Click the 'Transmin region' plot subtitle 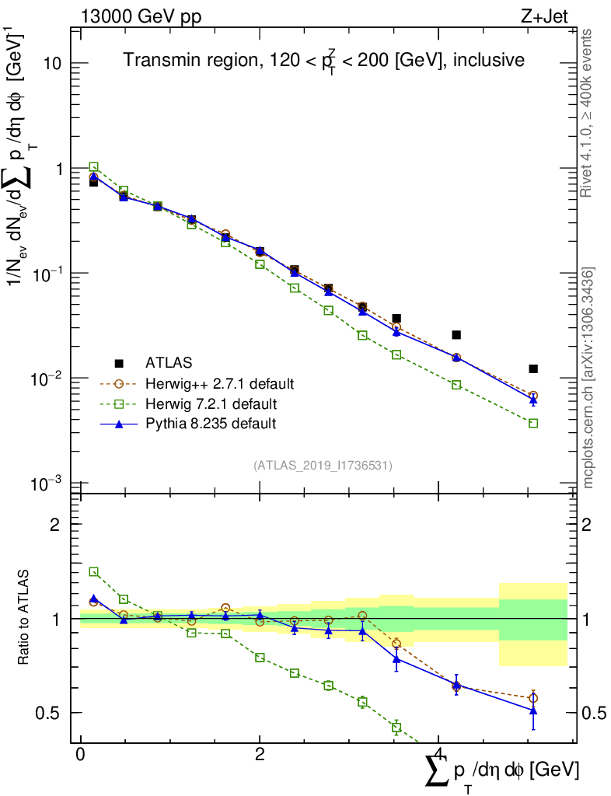(x=324, y=61)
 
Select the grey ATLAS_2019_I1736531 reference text (x=323, y=466)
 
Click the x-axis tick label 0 (x=81, y=754)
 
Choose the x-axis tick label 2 (x=260, y=754)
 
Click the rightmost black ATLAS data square (x=533, y=368)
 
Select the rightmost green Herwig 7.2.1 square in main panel (x=533, y=423)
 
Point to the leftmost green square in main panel (x=93, y=166)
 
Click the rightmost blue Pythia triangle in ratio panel (x=533, y=710)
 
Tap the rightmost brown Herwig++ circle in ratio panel (x=533, y=698)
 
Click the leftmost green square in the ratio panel (x=93, y=571)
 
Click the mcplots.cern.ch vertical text (x=588, y=377)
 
